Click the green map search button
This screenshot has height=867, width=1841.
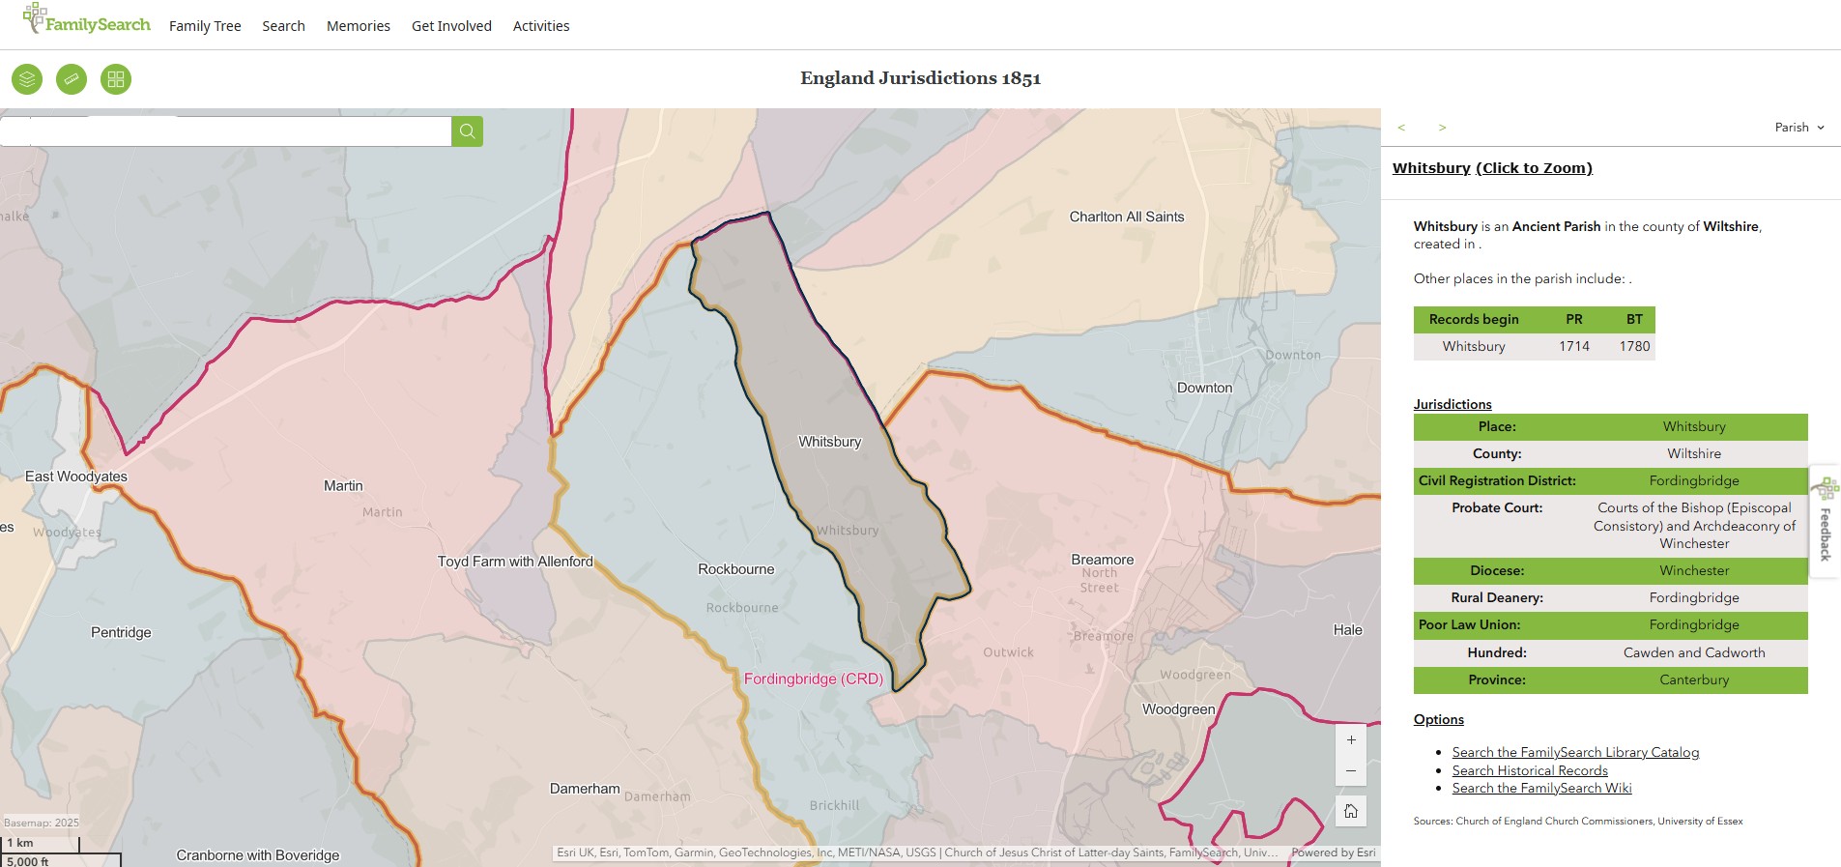coord(467,131)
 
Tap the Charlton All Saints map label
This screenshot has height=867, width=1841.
coord(1126,217)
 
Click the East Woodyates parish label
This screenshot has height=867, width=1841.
coord(76,477)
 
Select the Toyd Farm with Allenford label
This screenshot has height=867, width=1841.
coord(515,562)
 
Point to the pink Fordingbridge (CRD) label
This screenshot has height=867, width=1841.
coord(813,679)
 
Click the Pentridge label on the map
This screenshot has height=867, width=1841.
coord(121,633)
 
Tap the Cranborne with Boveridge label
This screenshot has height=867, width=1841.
coord(258,855)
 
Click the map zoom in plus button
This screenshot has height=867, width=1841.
coord(1351,740)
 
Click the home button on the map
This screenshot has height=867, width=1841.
coord(1351,811)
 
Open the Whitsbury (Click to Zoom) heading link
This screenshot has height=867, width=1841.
coord(1492,168)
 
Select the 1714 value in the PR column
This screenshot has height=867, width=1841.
coord(1573,346)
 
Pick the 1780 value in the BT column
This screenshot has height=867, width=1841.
coord(1634,346)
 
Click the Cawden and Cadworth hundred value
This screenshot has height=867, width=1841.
coord(1693,652)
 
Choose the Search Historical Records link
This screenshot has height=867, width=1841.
coord(1530,770)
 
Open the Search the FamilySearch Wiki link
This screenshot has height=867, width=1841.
coord(1541,789)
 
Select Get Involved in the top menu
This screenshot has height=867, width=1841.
coord(451,26)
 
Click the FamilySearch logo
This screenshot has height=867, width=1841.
coord(87,21)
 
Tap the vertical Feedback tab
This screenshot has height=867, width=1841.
coord(1825,522)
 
